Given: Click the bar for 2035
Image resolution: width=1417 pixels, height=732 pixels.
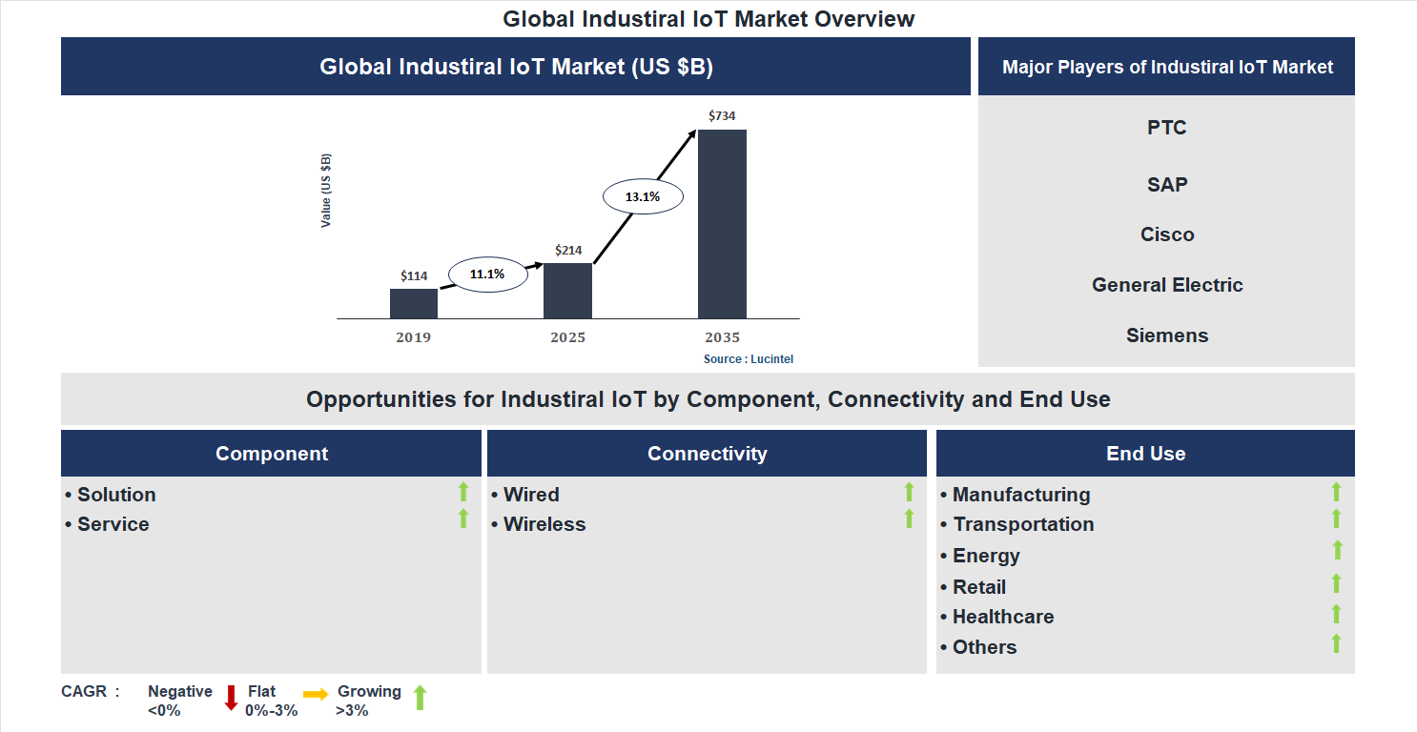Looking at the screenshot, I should (x=722, y=224).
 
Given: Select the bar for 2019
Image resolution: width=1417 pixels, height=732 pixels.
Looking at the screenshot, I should (x=414, y=303).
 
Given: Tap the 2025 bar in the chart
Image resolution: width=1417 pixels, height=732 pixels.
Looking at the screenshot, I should (x=567, y=291).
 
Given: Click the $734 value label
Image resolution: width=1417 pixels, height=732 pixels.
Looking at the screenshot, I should (x=722, y=115).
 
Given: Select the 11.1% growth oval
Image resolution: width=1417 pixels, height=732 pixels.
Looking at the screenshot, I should (x=486, y=274).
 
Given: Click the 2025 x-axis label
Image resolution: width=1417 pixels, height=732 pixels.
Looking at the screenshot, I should (x=567, y=337).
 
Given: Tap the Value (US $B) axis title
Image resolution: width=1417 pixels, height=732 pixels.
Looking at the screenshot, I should (x=326, y=191).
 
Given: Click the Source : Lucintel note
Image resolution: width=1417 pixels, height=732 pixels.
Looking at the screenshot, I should (x=749, y=359).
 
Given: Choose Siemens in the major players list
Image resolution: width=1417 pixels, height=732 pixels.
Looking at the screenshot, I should (x=1166, y=335).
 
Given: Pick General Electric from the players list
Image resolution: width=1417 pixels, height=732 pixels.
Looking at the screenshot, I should (x=1166, y=285).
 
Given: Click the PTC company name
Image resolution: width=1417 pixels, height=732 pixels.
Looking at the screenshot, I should (x=1166, y=128).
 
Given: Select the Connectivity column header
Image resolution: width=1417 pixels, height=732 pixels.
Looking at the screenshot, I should (x=707, y=454).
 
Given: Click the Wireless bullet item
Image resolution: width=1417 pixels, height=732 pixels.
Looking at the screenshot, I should (x=544, y=524).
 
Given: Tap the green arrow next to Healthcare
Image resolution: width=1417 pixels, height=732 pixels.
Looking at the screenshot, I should (x=1336, y=615).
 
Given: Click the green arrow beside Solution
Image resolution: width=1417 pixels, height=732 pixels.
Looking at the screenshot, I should (x=463, y=493).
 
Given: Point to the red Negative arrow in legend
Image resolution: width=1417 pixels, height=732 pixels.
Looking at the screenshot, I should (x=231, y=698).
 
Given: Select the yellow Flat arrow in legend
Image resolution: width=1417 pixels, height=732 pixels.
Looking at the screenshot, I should (x=316, y=695).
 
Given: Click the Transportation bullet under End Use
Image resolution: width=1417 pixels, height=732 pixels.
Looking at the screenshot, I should (x=1022, y=524).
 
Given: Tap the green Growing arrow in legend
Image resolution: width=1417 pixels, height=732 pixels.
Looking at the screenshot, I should (x=419, y=698).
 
